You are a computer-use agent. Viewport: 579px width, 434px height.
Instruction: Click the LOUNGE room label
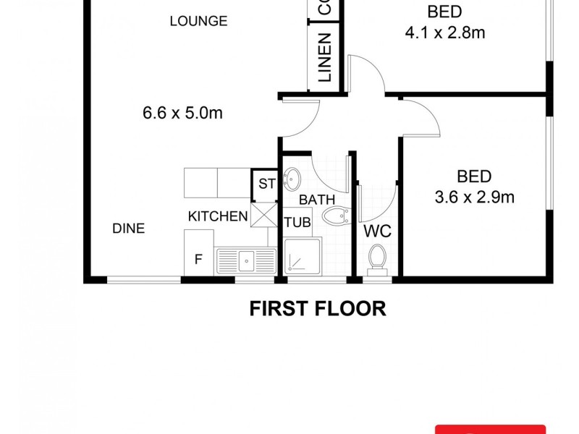coord(198,21)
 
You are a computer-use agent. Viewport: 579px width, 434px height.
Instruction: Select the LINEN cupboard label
coord(324,57)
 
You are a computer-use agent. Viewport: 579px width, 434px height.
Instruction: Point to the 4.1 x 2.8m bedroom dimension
coord(445,33)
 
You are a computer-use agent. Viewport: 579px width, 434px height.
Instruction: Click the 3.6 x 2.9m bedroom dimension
coord(474,196)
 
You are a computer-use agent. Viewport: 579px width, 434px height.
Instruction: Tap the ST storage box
coord(266,184)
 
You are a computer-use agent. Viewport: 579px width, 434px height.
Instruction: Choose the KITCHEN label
coord(218,216)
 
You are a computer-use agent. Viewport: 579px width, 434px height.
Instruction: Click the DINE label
coord(128,229)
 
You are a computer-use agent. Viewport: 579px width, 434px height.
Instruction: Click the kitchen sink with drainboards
coord(246,258)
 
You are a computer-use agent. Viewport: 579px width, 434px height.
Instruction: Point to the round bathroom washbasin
coord(292,176)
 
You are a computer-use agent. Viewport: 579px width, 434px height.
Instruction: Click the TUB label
coord(297,222)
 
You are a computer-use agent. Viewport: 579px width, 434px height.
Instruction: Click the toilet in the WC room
coord(377,257)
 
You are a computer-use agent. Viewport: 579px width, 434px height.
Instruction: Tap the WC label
coord(377,231)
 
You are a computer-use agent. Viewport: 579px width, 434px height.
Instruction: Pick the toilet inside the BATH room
coord(336,216)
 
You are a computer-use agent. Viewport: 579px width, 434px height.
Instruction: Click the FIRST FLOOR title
coord(318,309)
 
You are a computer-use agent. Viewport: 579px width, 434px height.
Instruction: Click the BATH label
coord(317,199)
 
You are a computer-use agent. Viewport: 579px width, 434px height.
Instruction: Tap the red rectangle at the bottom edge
coord(490,429)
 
